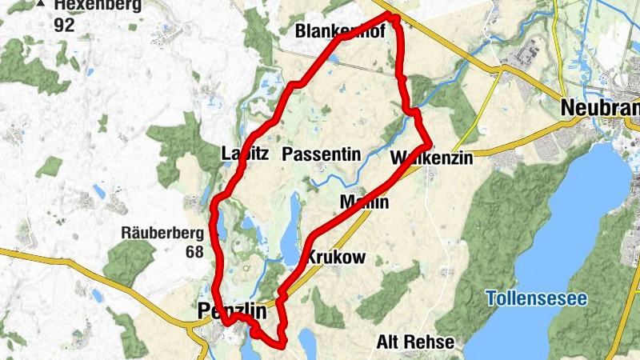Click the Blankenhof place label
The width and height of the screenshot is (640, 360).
tap(340, 32)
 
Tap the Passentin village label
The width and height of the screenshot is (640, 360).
tap(322, 154)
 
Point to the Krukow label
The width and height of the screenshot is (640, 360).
tap(336, 258)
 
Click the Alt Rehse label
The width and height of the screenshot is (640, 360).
tap(415, 342)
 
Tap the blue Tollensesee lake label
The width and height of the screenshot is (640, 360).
tap(537, 299)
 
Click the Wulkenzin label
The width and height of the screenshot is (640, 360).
tap(432, 158)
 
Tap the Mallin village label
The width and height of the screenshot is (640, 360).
tap(364, 202)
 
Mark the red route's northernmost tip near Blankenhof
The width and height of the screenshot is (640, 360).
tap(391, 15)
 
